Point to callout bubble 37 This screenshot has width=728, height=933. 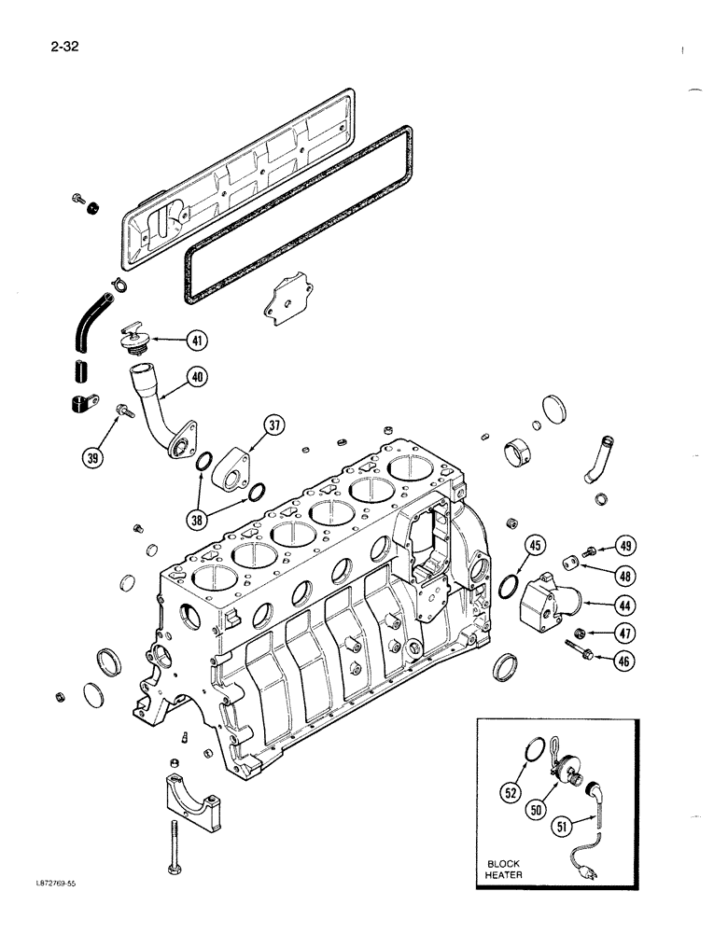click(273, 426)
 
